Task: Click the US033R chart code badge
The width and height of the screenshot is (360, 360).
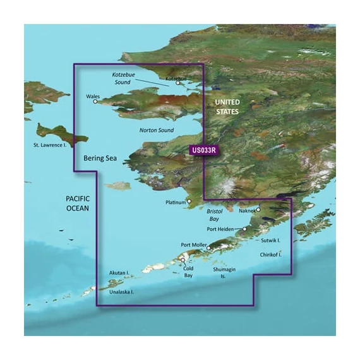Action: [203, 150]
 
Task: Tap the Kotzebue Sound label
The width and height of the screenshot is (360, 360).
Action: [124, 78]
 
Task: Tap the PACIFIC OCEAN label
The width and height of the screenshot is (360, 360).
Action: [78, 203]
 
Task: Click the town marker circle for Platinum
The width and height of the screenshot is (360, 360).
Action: [188, 202]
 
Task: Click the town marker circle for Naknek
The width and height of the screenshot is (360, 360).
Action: [258, 209]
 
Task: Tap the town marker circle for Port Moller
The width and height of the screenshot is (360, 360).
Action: [208, 248]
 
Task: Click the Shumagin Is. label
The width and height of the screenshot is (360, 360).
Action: [225, 272]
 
